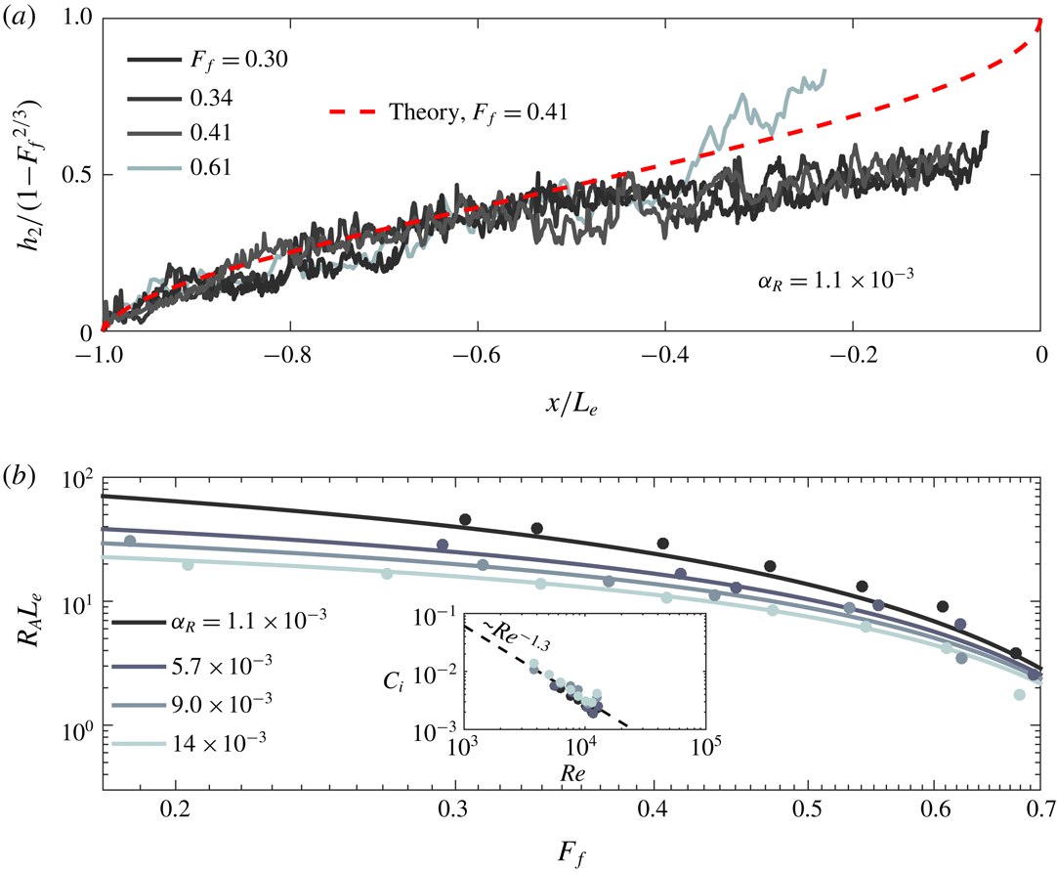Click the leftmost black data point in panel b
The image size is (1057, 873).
pos(465,519)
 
